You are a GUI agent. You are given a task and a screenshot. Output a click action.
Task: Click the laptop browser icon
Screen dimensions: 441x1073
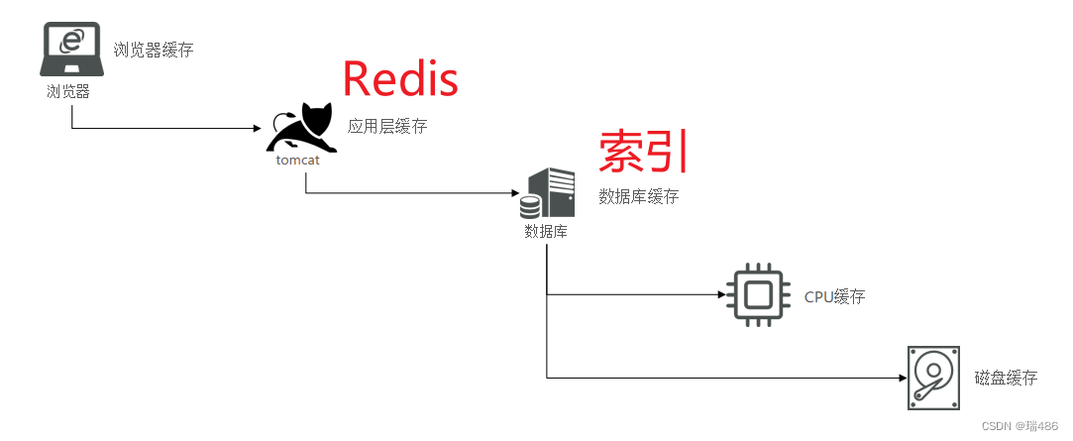point(70,50)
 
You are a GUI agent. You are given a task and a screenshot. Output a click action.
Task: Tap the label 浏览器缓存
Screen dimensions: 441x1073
point(154,49)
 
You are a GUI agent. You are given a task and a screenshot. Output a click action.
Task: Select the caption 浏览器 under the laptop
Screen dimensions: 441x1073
point(68,91)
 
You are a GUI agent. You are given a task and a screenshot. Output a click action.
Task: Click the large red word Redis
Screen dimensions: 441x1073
point(400,79)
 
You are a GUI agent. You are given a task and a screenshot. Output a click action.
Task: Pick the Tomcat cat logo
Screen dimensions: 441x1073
point(302,128)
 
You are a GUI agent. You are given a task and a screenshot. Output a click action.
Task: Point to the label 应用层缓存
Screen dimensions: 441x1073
point(387,127)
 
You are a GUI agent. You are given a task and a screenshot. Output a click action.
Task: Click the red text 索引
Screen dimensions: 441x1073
point(643,152)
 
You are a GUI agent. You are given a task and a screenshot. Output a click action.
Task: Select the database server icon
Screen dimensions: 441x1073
point(548,193)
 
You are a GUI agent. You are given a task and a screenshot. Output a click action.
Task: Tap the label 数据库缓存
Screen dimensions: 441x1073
point(639,196)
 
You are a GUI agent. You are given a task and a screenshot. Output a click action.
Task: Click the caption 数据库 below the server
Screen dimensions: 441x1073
point(546,232)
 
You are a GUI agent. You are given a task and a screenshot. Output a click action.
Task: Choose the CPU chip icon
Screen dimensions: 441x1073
point(758,294)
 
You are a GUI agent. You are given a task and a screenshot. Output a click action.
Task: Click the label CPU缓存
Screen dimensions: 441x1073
point(834,297)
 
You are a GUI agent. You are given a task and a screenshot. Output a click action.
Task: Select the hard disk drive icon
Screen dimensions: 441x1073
point(933,378)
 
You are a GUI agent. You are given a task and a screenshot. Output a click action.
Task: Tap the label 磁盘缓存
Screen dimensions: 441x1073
point(1006,378)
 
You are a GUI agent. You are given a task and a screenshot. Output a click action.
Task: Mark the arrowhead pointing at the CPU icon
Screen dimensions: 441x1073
point(719,294)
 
